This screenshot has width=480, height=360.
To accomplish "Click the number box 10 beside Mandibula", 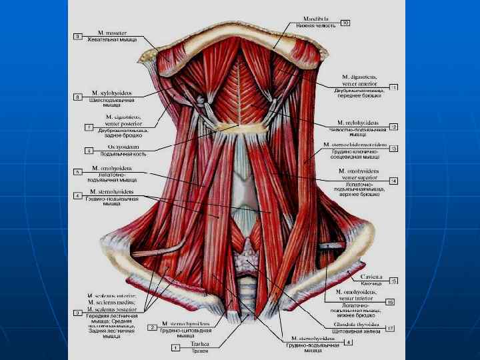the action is pyautogui.click(x=345, y=23).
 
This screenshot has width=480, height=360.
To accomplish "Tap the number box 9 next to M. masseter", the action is pyautogui.click(x=77, y=37).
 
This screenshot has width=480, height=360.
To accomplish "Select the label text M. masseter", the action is pyautogui.click(x=111, y=33).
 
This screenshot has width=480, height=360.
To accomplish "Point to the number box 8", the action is pyautogui.click(x=77, y=97).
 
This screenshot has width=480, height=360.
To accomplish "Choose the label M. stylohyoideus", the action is pyautogui.click(x=111, y=93).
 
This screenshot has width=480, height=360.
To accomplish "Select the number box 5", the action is pyautogui.click(x=77, y=172).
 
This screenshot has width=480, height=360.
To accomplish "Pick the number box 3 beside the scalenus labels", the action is pyautogui.click(x=78, y=312).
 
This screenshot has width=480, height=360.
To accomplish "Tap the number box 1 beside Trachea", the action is pyautogui.click(x=175, y=347).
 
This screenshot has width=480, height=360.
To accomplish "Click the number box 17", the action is pyautogui.click(x=389, y=328).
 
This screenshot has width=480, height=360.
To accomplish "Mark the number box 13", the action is pyautogui.click(x=393, y=148).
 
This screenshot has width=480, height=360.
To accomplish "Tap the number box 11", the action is pyautogui.click(x=393, y=87).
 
